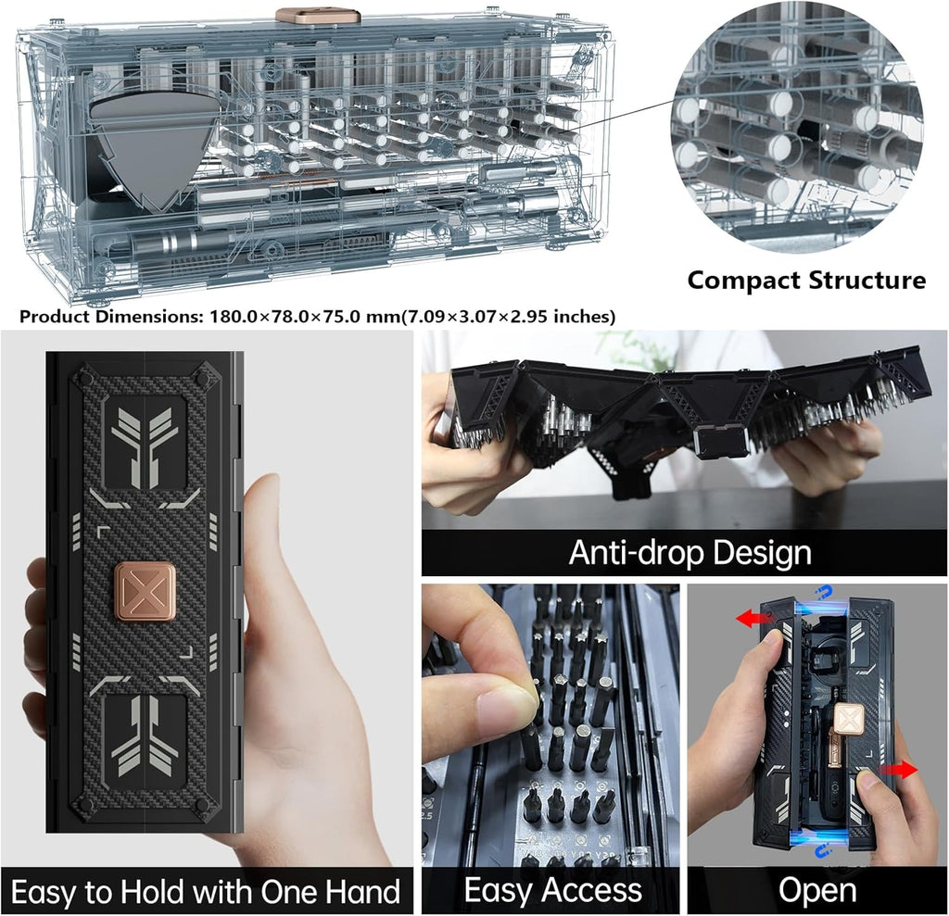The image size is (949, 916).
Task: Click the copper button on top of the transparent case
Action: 318,16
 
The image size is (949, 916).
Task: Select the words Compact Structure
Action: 805,280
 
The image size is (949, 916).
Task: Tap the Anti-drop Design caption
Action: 690,553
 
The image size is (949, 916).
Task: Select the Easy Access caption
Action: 552,891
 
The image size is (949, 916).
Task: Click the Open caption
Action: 817,891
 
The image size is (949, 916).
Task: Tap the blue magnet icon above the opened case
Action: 818,594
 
